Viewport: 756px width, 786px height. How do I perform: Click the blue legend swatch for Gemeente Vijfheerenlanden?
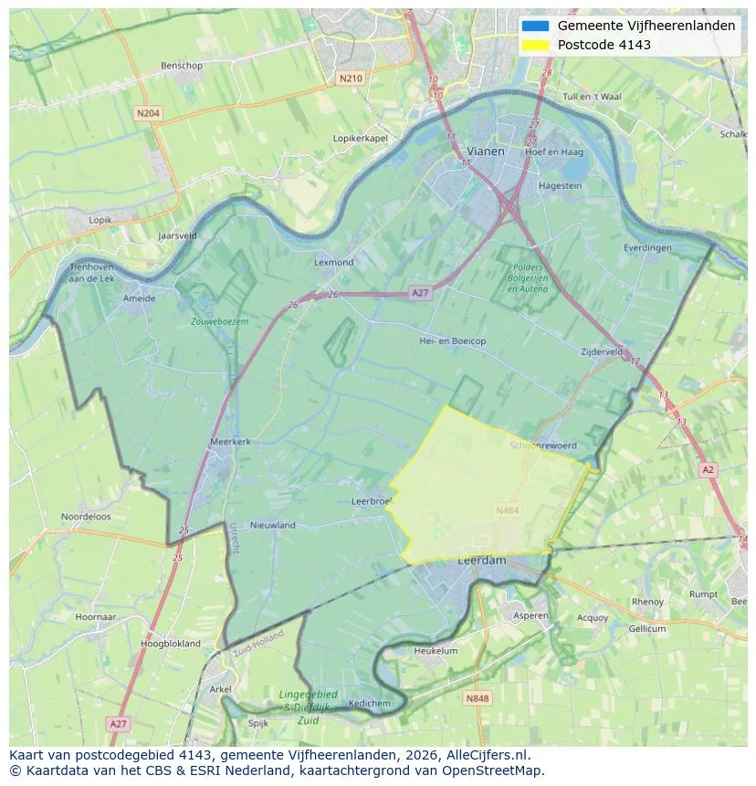(536, 26)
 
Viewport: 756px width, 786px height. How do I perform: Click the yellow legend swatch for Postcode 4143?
(536, 45)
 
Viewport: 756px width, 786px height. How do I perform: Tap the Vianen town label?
(485, 151)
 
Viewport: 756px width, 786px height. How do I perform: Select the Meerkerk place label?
(230, 441)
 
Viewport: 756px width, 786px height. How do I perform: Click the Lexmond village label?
(333, 262)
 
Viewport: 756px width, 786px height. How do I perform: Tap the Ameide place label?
(139, 298)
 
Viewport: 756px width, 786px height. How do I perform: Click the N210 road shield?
(350, 79)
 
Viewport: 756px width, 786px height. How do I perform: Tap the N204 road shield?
(147, 113)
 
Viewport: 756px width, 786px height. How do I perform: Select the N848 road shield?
(477, 698)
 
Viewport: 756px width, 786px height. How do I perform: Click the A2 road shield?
(708, 469)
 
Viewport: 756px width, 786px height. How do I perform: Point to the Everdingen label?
(647, 247)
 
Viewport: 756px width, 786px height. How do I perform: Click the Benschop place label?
(181, 66)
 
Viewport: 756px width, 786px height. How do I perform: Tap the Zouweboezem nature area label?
(219, 321)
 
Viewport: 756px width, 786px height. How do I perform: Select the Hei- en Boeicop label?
(452, 341)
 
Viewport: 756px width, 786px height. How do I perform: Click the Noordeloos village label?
(86, 516)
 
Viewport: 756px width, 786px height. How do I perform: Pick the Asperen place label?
(530, 615)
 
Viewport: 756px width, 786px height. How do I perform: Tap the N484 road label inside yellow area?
(507, 510)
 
